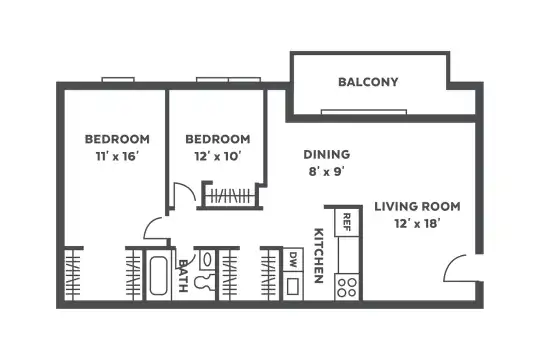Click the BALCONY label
click(x=368, y=82)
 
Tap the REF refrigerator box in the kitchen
click(x=347, y=222)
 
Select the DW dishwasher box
click(x=293, y=260)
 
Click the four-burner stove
click(x=347, y=288)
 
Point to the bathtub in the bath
click(x=159, y=275)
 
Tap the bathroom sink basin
click(x=207, y=259)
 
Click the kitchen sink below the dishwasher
click(x=293, y=286)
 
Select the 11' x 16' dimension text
click(x=117, y=157)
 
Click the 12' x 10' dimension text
click(x=218, y=157)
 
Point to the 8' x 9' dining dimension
click(x=327, y=171)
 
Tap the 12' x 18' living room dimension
click(x=417, y=224)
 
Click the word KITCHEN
click(x=319, y=256)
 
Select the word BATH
click(x=183, y=276)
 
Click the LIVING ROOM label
click(x=417, y=206)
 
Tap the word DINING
click(x=327, y=154)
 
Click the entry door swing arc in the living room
click(x=448, y=264)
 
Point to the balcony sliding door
click(x=364, y=112)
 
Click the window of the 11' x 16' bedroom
click(x=118, y=80)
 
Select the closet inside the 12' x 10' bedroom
click(x=230, y=196)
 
